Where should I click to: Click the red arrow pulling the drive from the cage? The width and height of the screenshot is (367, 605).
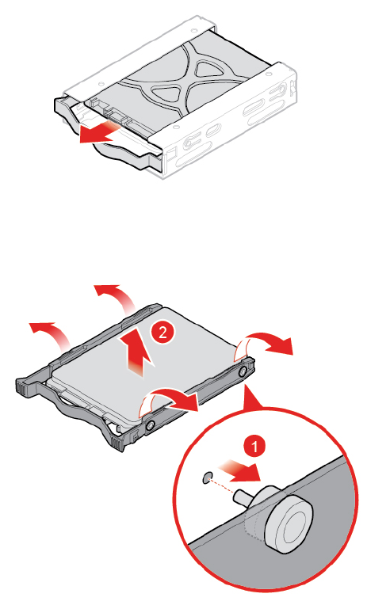[x=98, y=133]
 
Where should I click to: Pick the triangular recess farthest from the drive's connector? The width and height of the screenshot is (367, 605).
[x=207, y=69]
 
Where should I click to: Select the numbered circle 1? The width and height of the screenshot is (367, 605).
[x=254, y=447]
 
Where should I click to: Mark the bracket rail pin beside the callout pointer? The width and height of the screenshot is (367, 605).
[x=243, y=371]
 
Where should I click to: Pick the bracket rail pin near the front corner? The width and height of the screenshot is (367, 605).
[x=151, y=424]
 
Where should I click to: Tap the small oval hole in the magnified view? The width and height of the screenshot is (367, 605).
[x=207, y=478]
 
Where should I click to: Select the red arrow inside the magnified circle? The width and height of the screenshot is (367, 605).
[x=239, y=470]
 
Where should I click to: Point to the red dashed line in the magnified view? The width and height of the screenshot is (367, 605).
[x=222, y=486]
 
